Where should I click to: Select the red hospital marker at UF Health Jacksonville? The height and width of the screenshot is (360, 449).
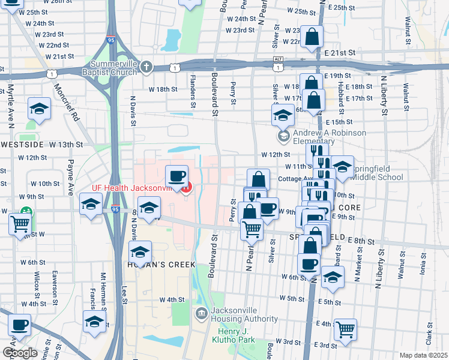click(x=187, y=188)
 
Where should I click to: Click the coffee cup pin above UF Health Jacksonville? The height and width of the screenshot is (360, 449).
click(x=176, y=176)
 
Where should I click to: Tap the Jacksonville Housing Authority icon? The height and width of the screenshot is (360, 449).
click(x=201, y=312)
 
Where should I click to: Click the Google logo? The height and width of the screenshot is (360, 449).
click(x=20, y=352)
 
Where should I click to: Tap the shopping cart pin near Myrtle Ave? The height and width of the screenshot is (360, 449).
click(x=20, y=224)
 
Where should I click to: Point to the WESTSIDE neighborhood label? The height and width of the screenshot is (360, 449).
click(x=22, y=145)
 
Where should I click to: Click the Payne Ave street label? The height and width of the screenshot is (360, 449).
click(x=71, y=177)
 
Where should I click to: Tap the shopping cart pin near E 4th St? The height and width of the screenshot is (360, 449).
click(x=345, y=329)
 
